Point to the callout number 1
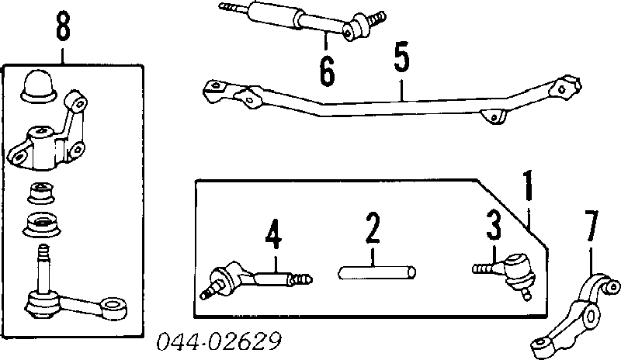(528, 185)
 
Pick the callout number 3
(494, 225)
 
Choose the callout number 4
(274, 234)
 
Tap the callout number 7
(592, 226)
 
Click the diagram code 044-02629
(219, 341)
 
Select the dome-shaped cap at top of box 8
(38, 87)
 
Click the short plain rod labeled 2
(376, 272)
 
